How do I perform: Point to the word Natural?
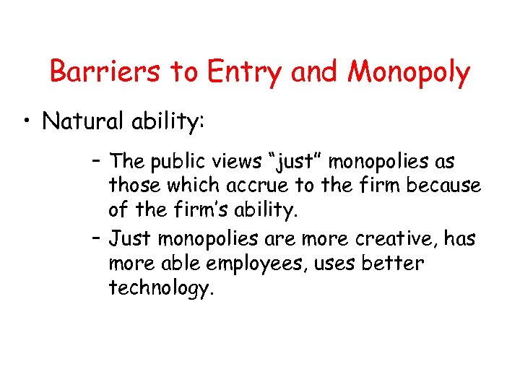79,121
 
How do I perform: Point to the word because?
443,186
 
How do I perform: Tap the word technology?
160,288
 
